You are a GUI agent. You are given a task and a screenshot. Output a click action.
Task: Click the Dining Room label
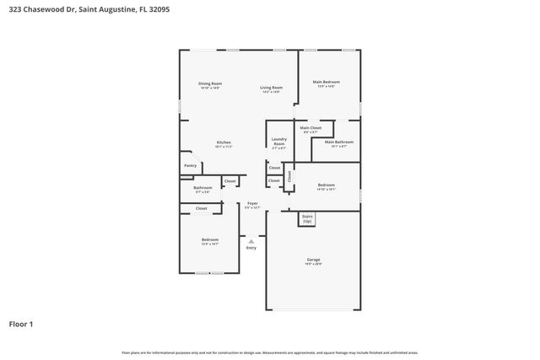pyautogui.click(x=210, y=83)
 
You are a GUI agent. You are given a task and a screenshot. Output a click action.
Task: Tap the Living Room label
pyautogui.click(x=271, y=88)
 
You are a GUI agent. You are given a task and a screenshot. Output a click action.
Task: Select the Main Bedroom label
pyautogui.click(x=327, y=82)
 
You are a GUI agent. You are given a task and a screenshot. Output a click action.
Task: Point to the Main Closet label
pyautogui.click(x=310, y=128)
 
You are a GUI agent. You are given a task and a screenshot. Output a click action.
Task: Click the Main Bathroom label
pyautogui.click(x=337, y=142)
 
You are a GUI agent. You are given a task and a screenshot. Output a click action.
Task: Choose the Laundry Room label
pyautogui.click(x=278, y=142)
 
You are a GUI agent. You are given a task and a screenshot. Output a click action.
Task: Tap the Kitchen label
pyautogui.click(x=224, y=142)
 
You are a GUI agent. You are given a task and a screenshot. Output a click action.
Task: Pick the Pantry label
pyautogui.click(x=191, y=165)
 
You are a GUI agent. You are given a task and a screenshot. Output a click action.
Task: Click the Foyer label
pyautogui.click(x=252, y=204)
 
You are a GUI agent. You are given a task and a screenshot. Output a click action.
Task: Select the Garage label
pyautogui.click(x=313, y=262)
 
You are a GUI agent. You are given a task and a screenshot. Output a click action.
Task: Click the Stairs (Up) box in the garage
pyautogui.click(x=307, y=218)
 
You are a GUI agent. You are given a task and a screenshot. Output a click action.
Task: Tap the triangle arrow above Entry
pyautogui.click(x=251, y=241)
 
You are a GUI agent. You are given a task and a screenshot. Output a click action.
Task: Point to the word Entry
pyautogui.click(x=251, y=248)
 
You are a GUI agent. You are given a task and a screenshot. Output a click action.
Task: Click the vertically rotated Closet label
pyautogui.click(x=289, y=176)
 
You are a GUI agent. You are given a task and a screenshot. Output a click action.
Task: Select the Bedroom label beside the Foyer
pyautogui.click(x=210, y=241)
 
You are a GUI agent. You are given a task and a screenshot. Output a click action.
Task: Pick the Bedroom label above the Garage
pyautogui.click(x=327, y=185)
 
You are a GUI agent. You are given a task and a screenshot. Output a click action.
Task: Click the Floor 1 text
pyautogui.click(x=22, y=324)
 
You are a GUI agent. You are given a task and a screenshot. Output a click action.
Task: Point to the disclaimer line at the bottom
pyautogui.click(x=270, y=352)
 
